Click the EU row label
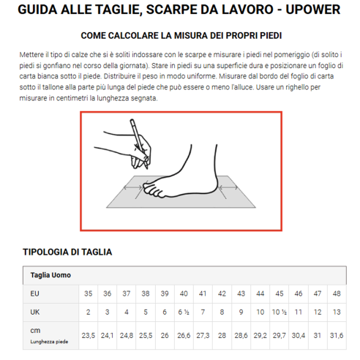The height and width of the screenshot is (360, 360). point(34,293)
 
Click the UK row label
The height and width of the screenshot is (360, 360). point(34,312)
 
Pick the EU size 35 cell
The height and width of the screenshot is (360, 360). point(87,293)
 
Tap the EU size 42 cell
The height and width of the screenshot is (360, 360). point(221,293)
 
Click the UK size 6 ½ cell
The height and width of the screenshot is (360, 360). point(183,312)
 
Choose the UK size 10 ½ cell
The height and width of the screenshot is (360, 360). point(279,312)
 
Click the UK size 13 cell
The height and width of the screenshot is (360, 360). point(336,312)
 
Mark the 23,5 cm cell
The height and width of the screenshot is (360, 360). point(87,335)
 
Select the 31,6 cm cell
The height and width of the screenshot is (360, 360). point(336,335)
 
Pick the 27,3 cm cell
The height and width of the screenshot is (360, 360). point(202,335)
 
